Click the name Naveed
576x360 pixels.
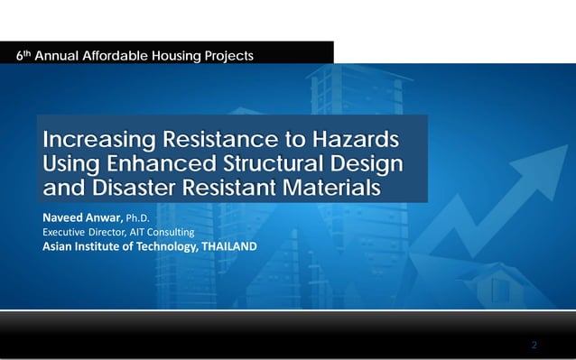(64, 217)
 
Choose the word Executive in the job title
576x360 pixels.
(66, 232)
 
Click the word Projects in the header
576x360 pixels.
(228, 55)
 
